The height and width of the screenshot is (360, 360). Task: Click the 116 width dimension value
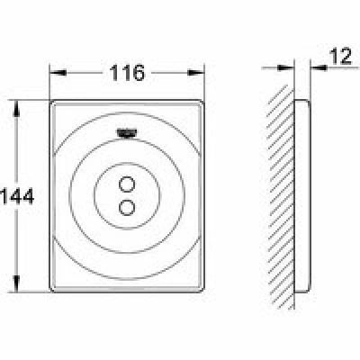pos(127,73)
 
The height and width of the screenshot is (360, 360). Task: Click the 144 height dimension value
pos(17,197)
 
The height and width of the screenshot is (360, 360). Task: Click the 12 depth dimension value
pos(340,56)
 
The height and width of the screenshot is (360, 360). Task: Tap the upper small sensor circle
pos(127,184)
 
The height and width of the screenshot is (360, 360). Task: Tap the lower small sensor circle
pos(127,207)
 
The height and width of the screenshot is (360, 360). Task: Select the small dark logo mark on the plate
pos(127,132)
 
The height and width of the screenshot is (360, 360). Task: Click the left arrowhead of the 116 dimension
pos(58,73)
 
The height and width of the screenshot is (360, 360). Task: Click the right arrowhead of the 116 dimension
pos(196,73)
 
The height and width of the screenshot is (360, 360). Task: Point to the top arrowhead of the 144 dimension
pos(17,108)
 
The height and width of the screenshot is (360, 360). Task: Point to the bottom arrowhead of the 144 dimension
pos(17,283)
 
